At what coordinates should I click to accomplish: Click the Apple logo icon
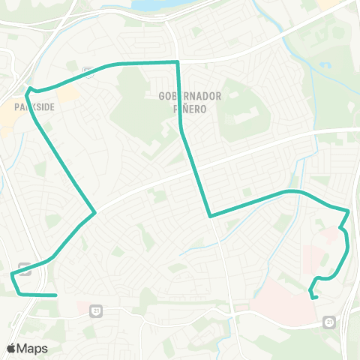point(11,348)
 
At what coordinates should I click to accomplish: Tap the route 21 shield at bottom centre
point(95,309)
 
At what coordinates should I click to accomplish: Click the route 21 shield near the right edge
point(329,321)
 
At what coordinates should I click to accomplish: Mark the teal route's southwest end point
point(55,295)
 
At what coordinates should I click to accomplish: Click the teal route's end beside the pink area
point(316,298)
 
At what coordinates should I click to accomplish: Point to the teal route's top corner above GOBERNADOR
point(177,61)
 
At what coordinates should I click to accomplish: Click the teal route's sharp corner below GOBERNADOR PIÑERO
point(211,216)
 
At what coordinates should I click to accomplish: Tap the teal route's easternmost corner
point(349,211)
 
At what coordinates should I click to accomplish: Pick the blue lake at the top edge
point(154,5)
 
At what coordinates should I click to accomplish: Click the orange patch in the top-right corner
point(327,4)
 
